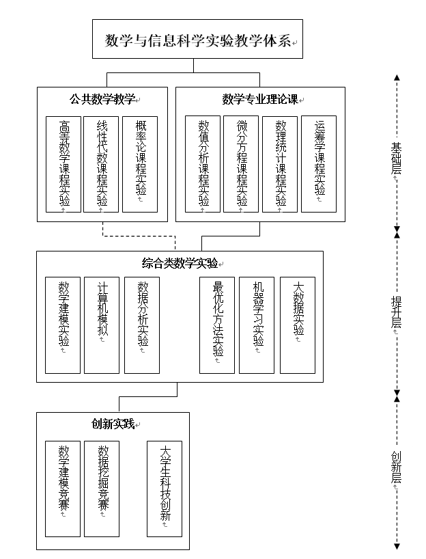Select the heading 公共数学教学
102,98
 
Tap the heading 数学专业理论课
259,98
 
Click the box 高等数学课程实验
63,164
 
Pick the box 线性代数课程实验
101,164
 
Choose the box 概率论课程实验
140,164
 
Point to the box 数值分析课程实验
203,164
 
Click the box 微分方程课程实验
241,164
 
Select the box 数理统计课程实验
280,164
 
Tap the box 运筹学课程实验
319,164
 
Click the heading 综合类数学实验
179,263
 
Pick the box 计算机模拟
101,325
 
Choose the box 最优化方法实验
217,325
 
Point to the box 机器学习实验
257,325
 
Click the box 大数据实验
298,325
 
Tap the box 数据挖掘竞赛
101,488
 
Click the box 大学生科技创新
165,488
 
